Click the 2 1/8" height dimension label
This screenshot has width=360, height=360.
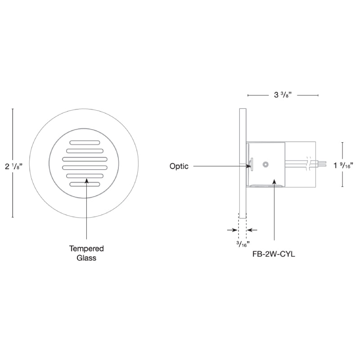click(x=13, y=166)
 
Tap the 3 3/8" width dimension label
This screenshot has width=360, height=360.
click(x=283, y=94)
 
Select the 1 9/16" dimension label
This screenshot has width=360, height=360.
click(x=343, y=165)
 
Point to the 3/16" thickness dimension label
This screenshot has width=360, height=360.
click(x=243, y=244)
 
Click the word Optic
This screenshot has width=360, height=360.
click(x=179, y=166)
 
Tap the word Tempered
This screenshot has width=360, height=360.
click(x=86, y=248)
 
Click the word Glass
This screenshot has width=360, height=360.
click(x=86, y=257)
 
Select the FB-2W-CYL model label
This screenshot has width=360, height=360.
click(x=274, y=254)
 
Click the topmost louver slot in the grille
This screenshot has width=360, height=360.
click(x=85, y=143)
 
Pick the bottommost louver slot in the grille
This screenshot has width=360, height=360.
click(x=85, y=184)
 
